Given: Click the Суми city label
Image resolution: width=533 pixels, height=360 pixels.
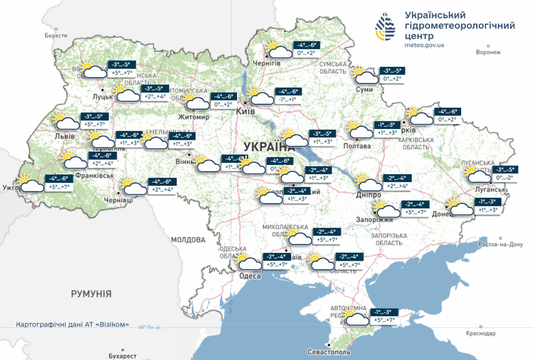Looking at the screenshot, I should point(364,89).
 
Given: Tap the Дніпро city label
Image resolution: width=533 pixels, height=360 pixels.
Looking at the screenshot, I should point(368,194).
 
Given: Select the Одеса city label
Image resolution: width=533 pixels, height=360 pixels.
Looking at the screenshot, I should point(249,276).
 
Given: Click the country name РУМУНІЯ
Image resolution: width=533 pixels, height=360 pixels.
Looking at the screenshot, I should point(91,294).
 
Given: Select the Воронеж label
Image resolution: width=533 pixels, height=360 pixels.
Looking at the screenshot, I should point(488,52).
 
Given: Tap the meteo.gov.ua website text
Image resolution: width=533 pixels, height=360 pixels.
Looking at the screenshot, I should point(424,45).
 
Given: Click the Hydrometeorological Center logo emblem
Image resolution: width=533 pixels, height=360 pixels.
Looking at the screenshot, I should point(384,29).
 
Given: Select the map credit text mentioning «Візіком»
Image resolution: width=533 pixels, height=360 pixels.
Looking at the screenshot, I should point(73,325).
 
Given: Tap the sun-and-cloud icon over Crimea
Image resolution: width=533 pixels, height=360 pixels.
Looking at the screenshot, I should point(355,318).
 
